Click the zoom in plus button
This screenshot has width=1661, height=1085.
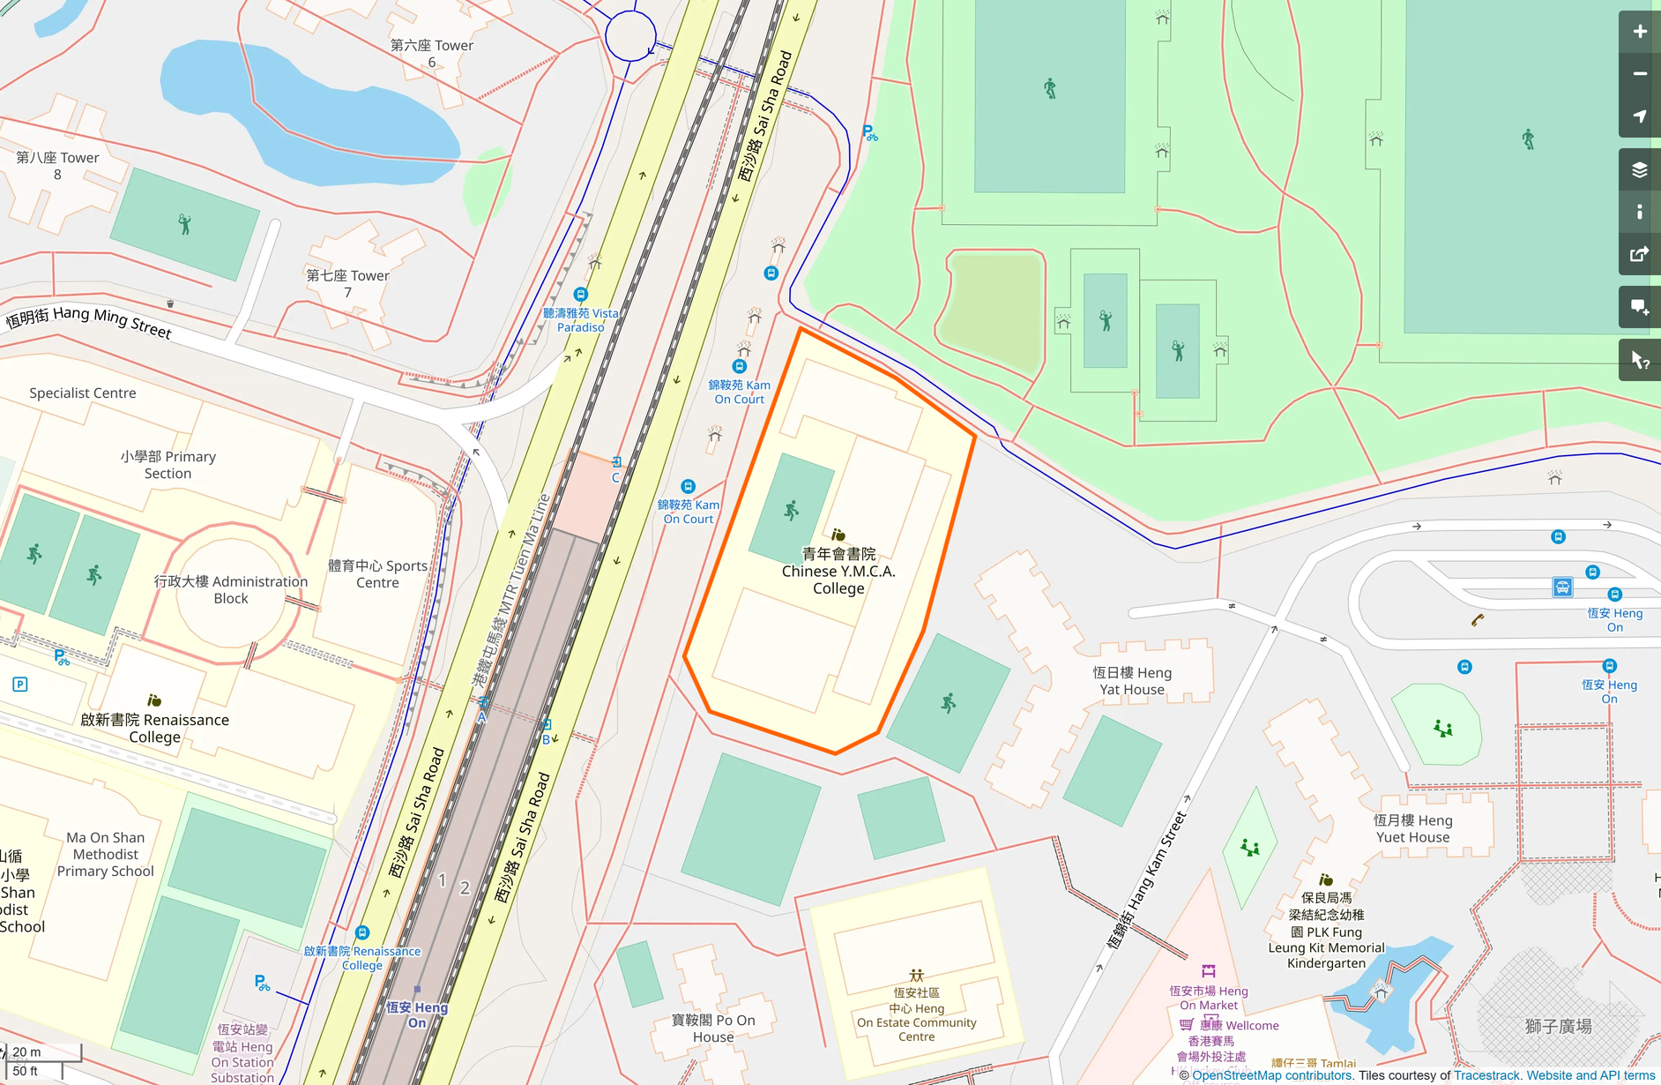(x=1639, y=32)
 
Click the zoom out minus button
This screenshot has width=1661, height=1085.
(x=1639, y=74)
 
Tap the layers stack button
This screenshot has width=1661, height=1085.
(x=1639, y=169)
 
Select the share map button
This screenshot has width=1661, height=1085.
(x=1639, y=254)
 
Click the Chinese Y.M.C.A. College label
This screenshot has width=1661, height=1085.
(x=838, y=571)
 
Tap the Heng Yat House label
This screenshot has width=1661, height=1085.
(x=1132, y=681)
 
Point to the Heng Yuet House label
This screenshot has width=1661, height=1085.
(x=1412, y=828)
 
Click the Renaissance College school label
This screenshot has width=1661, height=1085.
(x=155, y=728)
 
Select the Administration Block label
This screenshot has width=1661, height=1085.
(x=231, y=589)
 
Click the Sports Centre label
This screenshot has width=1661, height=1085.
(x=377, y=573)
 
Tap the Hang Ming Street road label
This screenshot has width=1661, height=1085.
(x=89, y=321)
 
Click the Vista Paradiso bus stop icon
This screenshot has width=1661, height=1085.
(x=580, y=294)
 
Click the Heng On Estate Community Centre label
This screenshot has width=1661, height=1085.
(x=917, y=1015)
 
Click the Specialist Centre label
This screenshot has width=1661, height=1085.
(x=83, y=393)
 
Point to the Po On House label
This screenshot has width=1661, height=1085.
(x=713, y=1028)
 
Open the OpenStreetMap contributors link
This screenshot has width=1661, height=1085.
(x=1272, y=1075)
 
